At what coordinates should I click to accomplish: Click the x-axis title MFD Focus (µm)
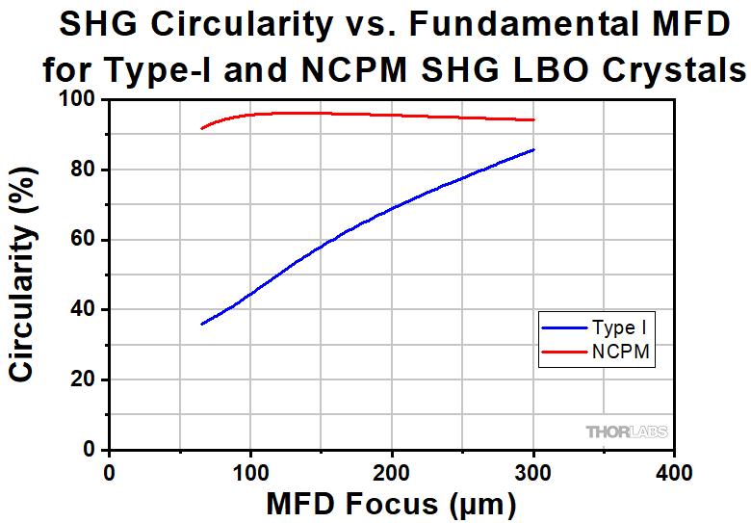(392, 503)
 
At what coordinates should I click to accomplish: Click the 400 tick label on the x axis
(675, 471)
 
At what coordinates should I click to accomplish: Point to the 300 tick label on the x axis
(533, 471)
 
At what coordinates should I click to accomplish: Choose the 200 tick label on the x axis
(392, 471)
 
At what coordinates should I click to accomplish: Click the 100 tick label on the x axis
(250, 471)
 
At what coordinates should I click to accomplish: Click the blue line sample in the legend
(564, 328)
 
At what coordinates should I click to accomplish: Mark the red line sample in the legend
(564, 353)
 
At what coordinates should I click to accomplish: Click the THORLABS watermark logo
(627, 432)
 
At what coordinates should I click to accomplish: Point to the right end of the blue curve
(533, 149)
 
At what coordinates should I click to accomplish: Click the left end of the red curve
(201, 128)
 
